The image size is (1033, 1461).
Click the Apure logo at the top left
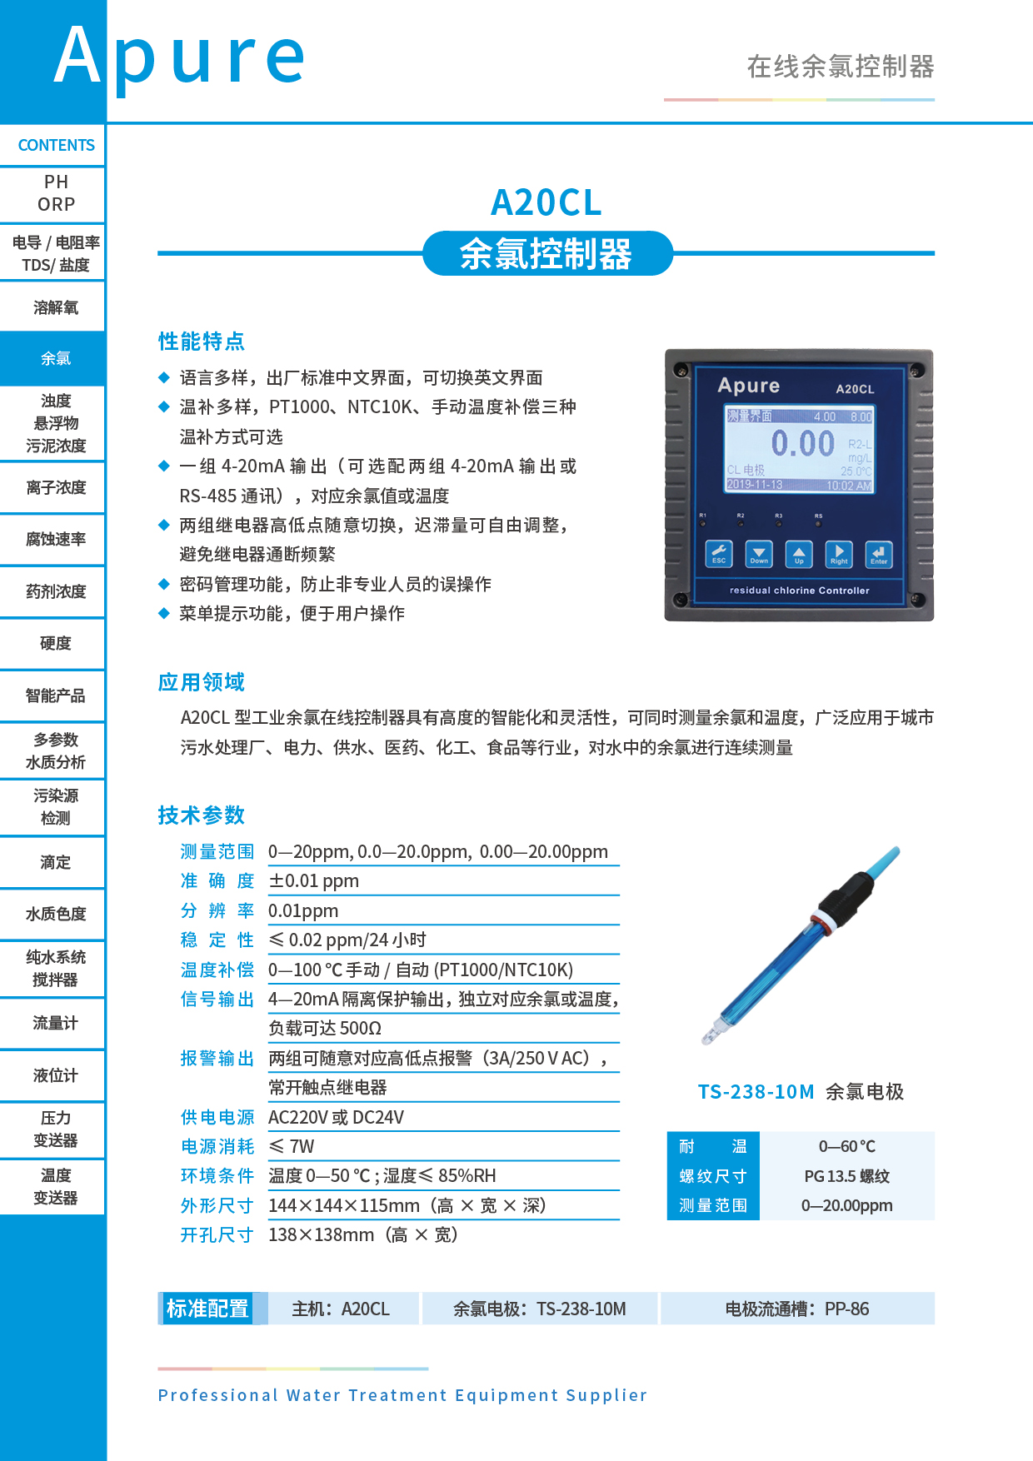click(179, 57)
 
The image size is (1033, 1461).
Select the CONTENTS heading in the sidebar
click(56, 146)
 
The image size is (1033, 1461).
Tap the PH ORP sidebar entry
click(56, 193)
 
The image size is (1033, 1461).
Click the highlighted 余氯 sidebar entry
click(56, 359)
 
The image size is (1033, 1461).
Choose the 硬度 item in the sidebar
click(56, 644)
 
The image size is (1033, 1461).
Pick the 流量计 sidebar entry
click(56, 1024)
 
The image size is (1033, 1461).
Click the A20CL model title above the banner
click(546, 202)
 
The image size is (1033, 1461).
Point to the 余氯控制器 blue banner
click(546, 254)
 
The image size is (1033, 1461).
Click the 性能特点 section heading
click(202, 342)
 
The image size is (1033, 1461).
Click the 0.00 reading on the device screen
click(801, 443)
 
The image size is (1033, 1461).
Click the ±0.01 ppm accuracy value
click(313, 881)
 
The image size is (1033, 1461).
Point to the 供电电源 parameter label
click(217, 1118)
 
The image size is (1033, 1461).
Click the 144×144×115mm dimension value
click(343, 1206)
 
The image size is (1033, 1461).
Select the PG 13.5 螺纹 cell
click(846, 1176)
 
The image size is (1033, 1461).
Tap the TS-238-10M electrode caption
click(756, 1092)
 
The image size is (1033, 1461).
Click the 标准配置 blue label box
click(207, 1309)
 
